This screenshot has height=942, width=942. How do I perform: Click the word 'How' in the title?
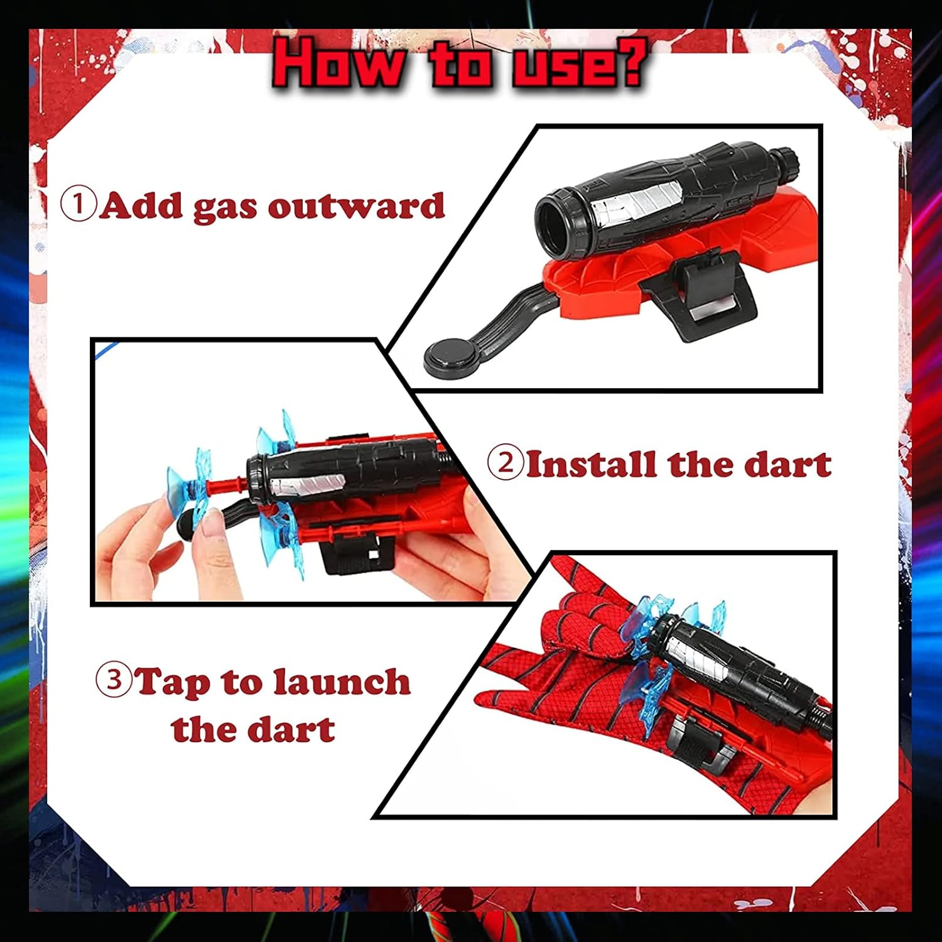click(x=340, y=63)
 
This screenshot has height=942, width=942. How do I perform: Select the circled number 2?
click(x=505, y=463)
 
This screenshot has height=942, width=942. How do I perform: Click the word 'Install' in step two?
click(x=593, y=464)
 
